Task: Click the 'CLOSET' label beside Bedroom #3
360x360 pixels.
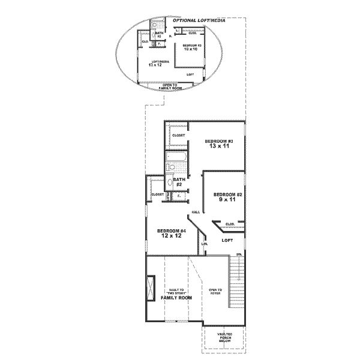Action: pyautogui.click(x=178, y=136)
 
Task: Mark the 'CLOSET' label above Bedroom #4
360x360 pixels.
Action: pyautogui.click(x=158, y=195)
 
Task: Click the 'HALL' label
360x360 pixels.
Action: pyautogui.click(x=196, y=212)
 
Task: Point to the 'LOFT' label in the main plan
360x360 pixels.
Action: pyautogui.click(x=227, y=240)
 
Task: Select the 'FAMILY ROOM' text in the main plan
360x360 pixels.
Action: pyautogui.click(x=176, y=298)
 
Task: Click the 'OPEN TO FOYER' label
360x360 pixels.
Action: pyautogui.click(x=215, y=292)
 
